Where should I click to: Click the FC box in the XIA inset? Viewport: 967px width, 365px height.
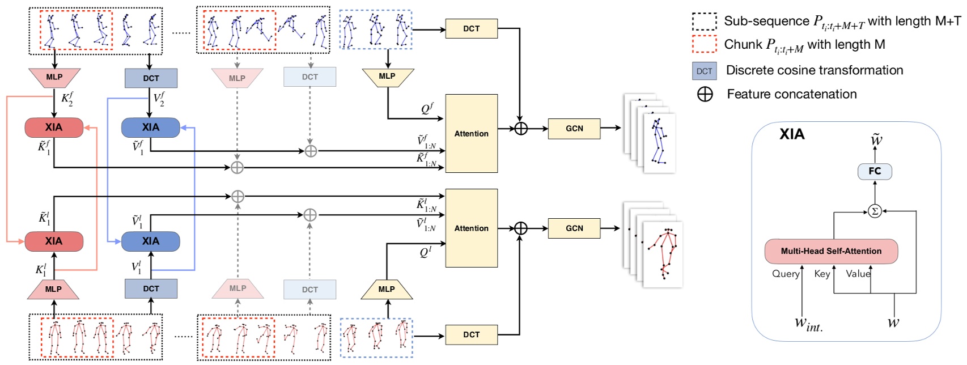point(875,171)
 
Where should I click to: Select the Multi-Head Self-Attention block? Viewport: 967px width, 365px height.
point(831,251)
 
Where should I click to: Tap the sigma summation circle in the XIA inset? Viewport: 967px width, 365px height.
point(875,211)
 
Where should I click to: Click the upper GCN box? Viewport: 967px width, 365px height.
point(574,129)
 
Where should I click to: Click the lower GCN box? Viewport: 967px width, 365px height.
point(574,228)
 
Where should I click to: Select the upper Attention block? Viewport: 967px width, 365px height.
point(471,134)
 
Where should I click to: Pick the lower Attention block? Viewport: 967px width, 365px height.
point(471,228)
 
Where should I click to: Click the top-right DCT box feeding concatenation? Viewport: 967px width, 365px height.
point(471,28)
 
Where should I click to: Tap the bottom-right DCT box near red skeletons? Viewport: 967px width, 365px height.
point(471,334)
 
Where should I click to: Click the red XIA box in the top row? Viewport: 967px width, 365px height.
point(54,128)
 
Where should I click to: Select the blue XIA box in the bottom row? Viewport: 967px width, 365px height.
point(150,241)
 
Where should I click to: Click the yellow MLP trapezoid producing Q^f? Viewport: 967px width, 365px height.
point(388,77)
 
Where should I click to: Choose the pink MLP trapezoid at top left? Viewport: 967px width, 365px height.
point(54,78)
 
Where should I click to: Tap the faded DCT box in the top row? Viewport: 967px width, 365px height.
point(309,77)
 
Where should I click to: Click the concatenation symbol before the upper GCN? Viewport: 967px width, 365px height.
point(520,129)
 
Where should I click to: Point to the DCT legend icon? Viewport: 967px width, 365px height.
point(704,71)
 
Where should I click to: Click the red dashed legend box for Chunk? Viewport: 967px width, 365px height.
point(704,44)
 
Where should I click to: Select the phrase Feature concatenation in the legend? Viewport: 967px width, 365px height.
point(791,94)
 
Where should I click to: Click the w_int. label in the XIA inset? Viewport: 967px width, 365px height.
point(808,324)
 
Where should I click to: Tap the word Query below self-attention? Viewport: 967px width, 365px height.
point(785,274)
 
